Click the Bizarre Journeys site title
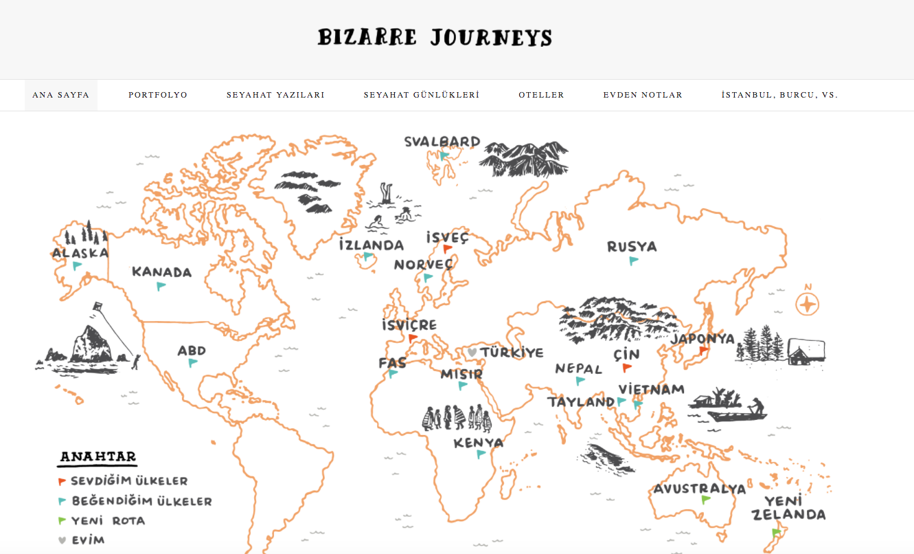coord(435,37)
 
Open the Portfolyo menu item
coord(158,95)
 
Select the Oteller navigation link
coord(541,95)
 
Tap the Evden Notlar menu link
coord(643,95)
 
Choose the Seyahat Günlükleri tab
coord(421,95)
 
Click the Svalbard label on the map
coord(442,142)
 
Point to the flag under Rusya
coord(633,261)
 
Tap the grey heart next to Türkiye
coord(472,352)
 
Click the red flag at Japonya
coord(703,350)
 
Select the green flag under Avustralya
coord(705,500)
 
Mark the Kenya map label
coord(479,443)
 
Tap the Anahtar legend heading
coord(98,457)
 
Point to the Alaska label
coord(80,253)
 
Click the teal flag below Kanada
coord(161,286)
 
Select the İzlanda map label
coord(372,245)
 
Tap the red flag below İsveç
coord(447,249)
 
